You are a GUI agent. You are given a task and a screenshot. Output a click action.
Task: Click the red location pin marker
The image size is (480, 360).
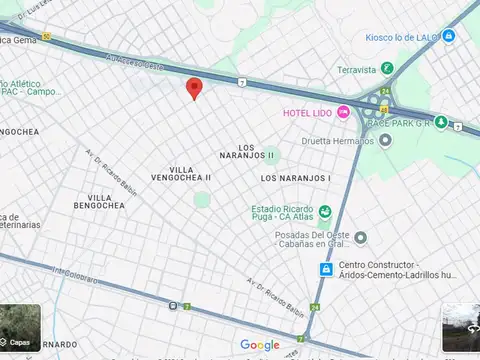point(195,88)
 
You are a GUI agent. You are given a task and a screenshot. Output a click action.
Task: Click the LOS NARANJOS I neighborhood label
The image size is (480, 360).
point(295,178)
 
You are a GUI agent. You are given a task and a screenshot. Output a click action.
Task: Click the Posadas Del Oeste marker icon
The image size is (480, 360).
point(361,237)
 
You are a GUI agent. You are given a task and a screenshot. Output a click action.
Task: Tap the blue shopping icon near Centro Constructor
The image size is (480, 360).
point(325,270)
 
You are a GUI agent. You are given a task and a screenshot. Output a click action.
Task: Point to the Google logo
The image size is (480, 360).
point(259,345)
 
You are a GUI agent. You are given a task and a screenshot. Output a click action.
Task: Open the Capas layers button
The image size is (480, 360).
point(20,327)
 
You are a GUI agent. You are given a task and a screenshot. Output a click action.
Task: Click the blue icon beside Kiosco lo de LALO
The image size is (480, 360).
point(449,37)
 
